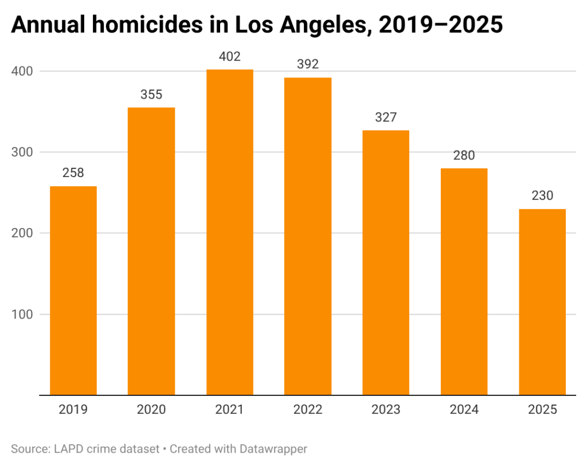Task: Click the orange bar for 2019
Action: [73, 291]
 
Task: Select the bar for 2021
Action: [229, 232]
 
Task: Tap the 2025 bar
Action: [542, 302]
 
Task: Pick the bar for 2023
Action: [386, 262]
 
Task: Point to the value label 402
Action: [229, 57]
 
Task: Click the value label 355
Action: [151, 95]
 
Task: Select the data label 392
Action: [307, 64]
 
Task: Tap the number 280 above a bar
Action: [464, 155]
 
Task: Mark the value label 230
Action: [542, 196]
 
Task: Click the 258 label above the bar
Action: [73, 173]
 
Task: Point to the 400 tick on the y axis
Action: [22, 71]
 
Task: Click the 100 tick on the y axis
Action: [22, 314]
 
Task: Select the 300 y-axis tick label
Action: [22, 152]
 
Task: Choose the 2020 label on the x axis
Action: [151, 410]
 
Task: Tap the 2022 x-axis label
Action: [307, 410]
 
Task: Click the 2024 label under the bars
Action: [464, 410]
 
